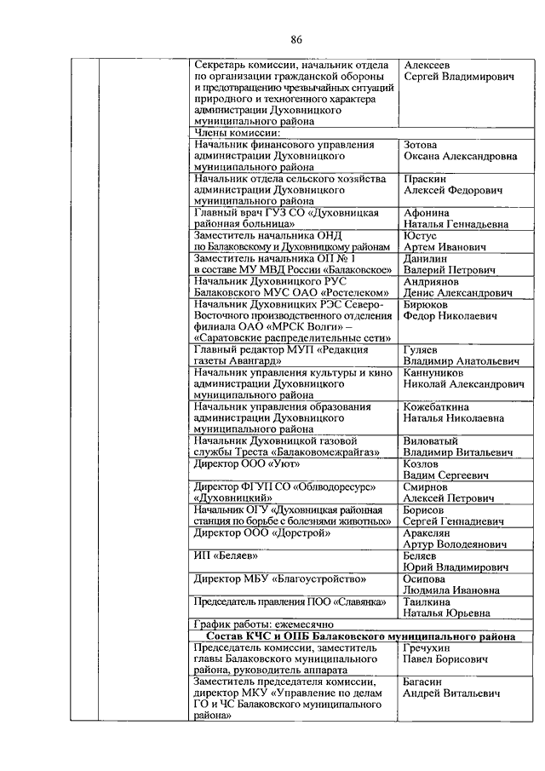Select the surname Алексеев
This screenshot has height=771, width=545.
click(430, 65)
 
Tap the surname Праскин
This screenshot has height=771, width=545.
click(427, 179)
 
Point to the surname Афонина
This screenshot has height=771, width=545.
click(429, 212)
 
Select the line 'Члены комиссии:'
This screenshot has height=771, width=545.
click(236, 133)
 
